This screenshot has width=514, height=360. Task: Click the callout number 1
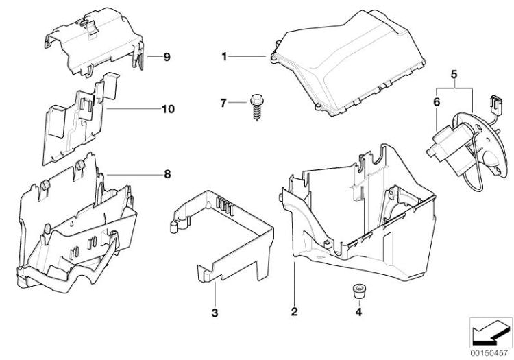(223, 56)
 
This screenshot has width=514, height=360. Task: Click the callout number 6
(437, 101)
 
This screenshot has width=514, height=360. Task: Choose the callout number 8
(167, 174)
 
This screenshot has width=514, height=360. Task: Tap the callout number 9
(166, 57)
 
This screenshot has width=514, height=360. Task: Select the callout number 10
(168, 109)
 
